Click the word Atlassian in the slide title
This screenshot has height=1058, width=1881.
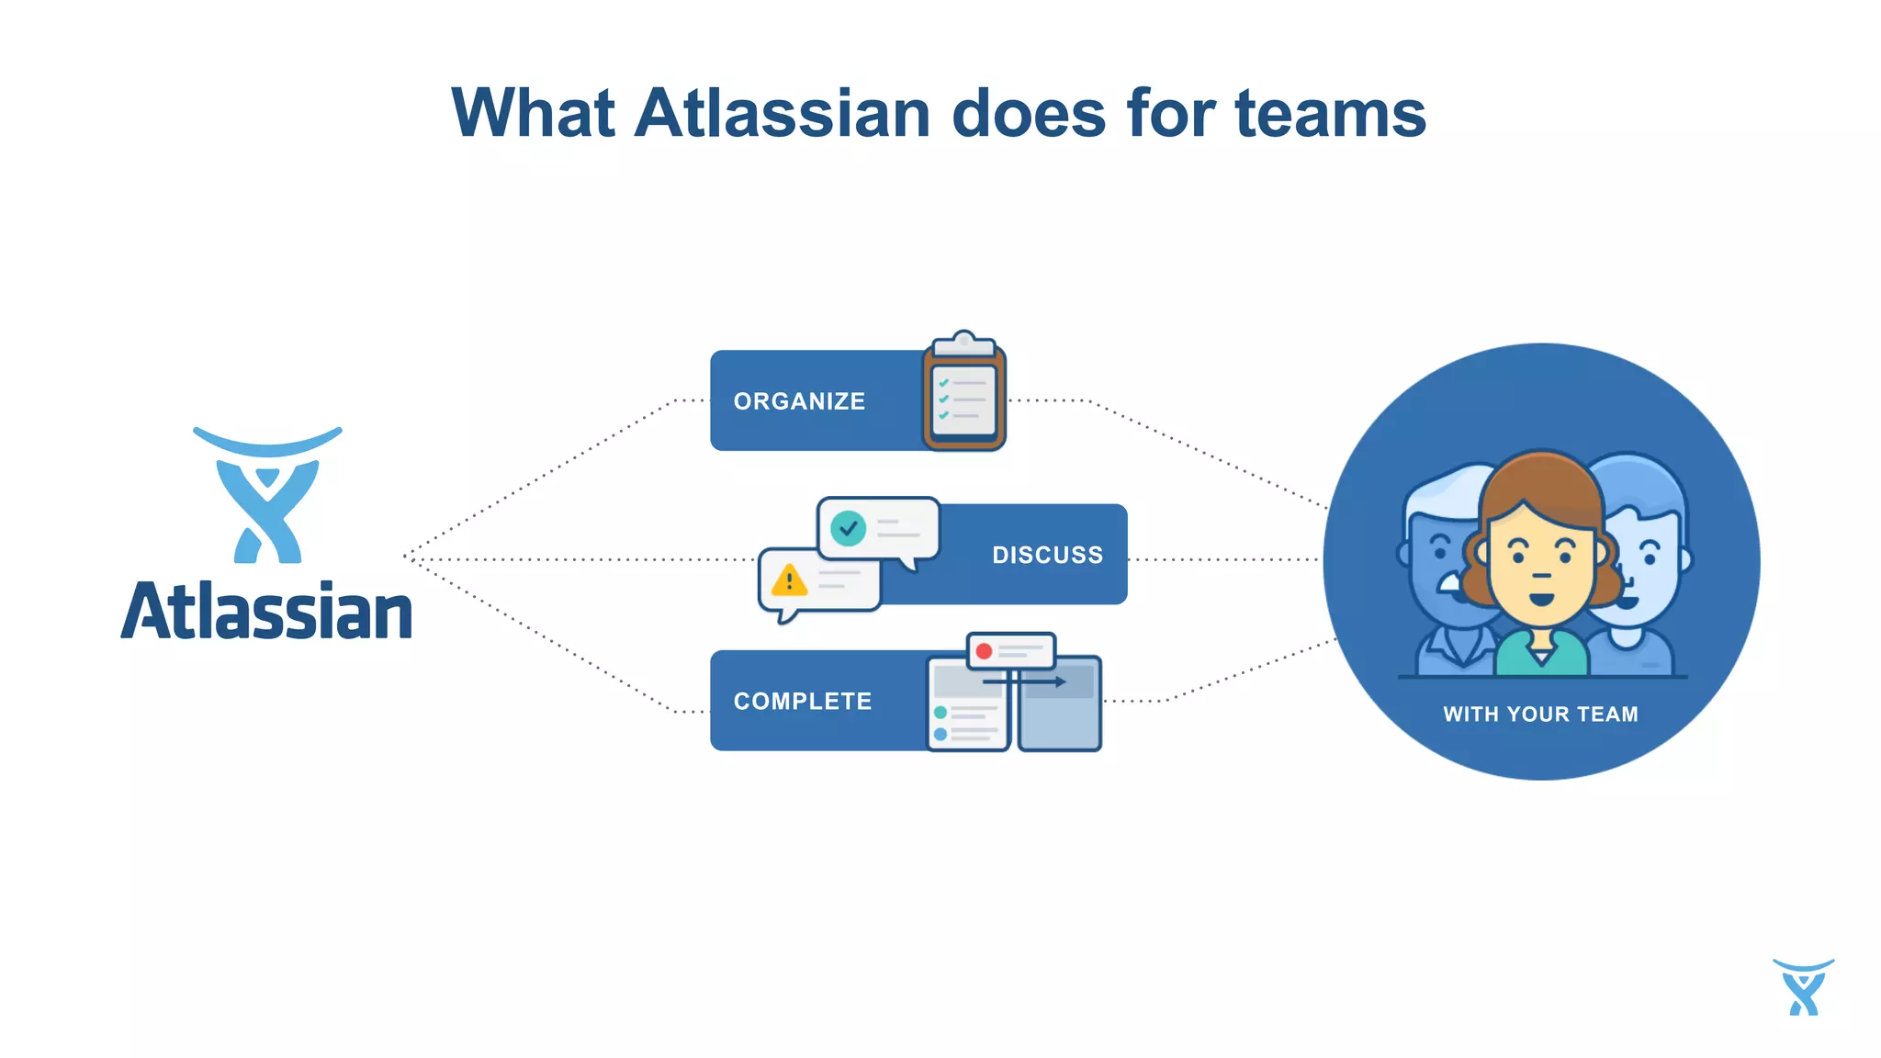pos(783,114)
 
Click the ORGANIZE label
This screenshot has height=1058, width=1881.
pos(799,401)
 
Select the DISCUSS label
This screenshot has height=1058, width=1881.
pos(1047,555)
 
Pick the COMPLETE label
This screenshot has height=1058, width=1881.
pos(802,702)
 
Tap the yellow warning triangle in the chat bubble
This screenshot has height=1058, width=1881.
pos(789,581)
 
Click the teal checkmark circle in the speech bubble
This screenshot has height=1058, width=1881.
pos(848,528)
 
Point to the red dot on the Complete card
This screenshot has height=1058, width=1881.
pos(984,651)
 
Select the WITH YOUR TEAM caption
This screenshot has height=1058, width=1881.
pos(1540,715)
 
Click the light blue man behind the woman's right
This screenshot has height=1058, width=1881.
pos(1644,560)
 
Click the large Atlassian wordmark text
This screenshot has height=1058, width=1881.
pos(266,613)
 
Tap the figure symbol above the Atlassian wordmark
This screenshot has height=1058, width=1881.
pos(267,497)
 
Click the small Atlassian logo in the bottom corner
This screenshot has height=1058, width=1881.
pos(1803,987)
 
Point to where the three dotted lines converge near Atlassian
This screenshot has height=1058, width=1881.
pos(406,557)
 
